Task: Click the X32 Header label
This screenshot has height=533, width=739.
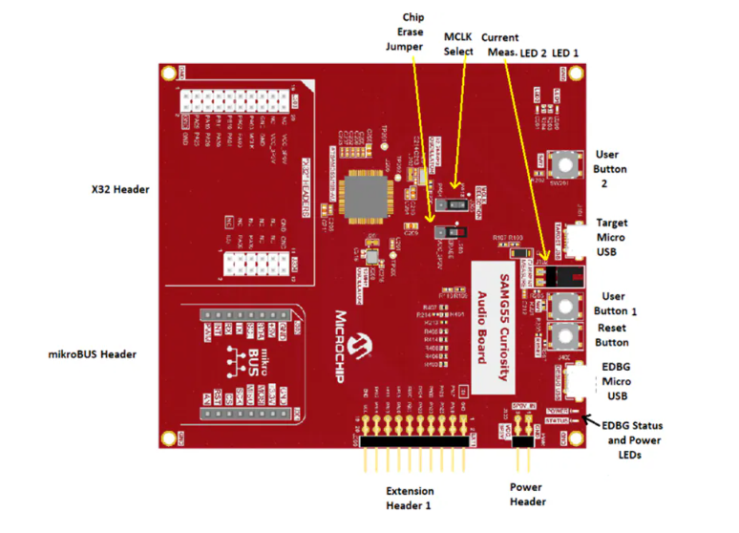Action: (114, 189)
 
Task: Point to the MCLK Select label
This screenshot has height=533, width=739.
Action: (458, 44)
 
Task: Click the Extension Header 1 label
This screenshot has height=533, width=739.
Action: (409, 498)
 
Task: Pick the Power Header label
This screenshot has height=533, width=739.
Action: (526, 494)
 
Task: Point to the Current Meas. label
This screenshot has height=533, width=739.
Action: (499, 45)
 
